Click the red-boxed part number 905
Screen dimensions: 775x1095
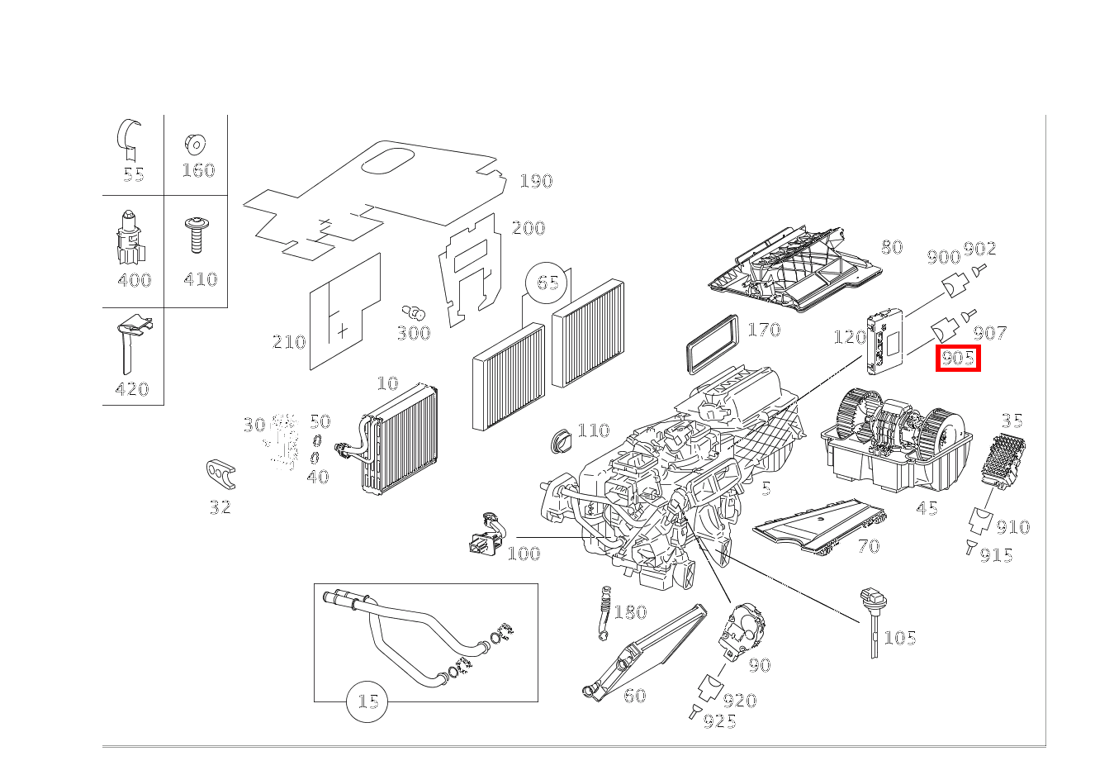[958, 359]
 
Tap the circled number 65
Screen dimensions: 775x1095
[547, 283]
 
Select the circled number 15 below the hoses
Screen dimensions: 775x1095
[367, 701]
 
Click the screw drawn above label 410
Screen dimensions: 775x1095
[197, 235]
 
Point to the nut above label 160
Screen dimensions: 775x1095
[196, 143]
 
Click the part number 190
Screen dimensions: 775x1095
[536, 181]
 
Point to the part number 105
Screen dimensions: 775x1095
[900, 638]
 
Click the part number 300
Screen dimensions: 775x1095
[413, 333]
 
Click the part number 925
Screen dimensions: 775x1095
[719, 721]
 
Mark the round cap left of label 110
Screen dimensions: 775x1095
[562, 439]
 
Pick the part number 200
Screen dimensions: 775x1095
[529, 229]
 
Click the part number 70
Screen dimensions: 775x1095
[868, 546]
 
